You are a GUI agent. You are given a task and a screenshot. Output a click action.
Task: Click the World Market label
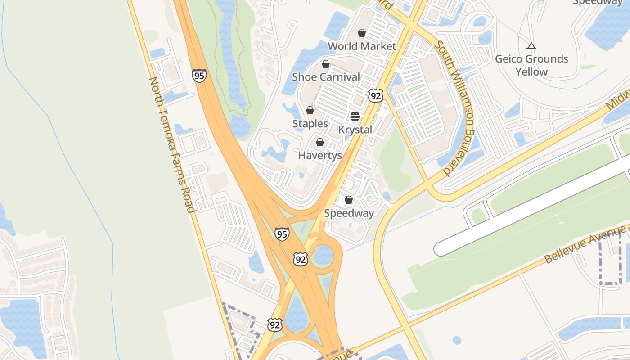point(362,46)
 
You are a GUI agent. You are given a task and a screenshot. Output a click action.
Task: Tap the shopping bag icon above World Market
point(362,33)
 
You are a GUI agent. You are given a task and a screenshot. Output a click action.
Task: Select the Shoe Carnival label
point(326,77)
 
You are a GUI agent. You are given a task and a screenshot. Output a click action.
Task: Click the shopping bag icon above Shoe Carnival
point(326,64)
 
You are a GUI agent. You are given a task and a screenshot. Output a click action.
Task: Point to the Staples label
point(310,124)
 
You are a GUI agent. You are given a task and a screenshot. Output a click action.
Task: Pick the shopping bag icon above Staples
point(310,110)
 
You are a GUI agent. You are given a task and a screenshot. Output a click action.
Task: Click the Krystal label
point(355,130)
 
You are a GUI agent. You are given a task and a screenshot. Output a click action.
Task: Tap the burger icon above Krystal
point(355,117)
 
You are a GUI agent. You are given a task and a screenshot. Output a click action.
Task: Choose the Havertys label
point(320,156)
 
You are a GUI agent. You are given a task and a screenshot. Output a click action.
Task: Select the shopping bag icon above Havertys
point(320,143)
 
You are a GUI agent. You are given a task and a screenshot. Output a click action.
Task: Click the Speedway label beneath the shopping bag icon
point(349,213)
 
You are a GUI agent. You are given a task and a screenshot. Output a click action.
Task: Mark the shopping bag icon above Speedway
point(349,200)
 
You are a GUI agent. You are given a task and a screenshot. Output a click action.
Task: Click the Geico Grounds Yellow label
point(531,65)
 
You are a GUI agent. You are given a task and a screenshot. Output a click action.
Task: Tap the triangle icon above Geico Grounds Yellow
point(531,46)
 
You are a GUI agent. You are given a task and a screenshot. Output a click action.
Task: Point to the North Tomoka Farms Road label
point(172,144)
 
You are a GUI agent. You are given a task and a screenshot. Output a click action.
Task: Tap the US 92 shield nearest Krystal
point(375,95)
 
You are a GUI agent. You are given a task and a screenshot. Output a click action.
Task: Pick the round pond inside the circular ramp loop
point(323,255)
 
